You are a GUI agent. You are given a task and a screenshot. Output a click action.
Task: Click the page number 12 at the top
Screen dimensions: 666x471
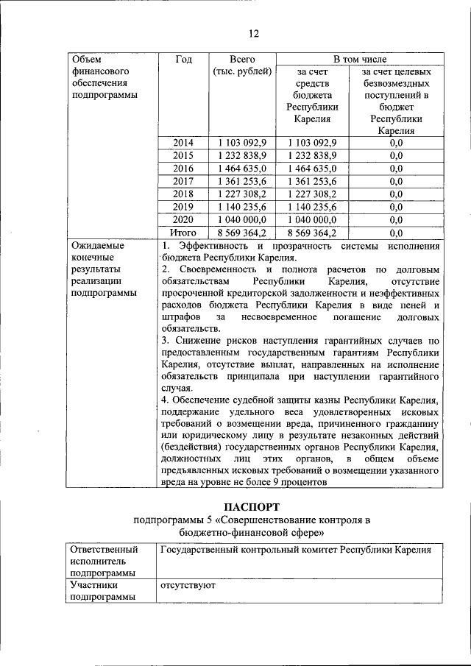[253, 33]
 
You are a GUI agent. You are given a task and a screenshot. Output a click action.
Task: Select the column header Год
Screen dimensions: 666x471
[184, 60]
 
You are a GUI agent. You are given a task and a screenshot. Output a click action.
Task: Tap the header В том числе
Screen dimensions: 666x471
[359, 60]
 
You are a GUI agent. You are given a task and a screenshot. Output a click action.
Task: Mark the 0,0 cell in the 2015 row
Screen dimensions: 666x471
[396, 155]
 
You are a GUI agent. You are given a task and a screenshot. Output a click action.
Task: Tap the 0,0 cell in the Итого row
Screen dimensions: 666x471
[396, 233]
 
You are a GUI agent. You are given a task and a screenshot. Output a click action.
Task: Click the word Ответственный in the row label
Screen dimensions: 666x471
[102, 550]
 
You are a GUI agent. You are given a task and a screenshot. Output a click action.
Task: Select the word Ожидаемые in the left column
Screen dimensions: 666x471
[96, 246]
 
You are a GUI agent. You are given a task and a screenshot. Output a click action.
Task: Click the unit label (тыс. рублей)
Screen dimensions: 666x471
[242, 72]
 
